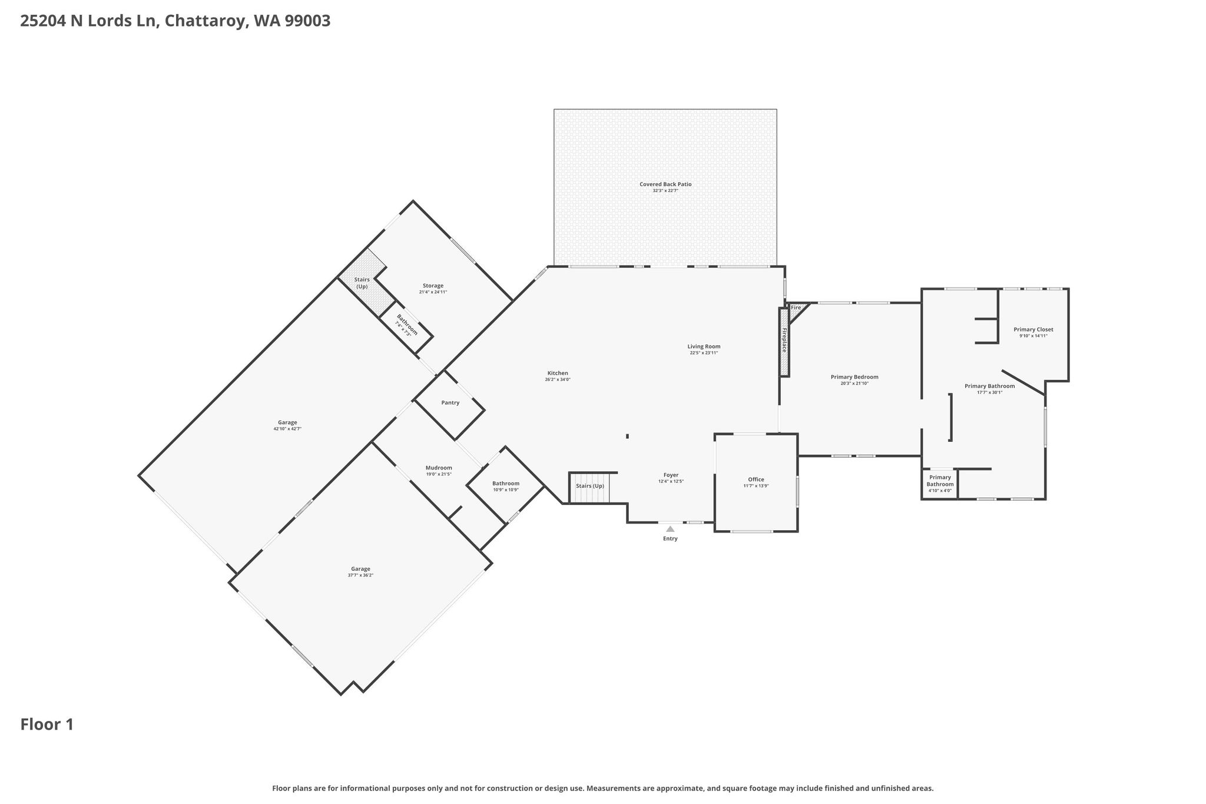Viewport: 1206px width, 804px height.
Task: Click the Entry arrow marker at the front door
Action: pyautogui.click(x=670, y=529)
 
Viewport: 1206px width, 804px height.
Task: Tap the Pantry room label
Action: pyautogui.click(x=450, y=403)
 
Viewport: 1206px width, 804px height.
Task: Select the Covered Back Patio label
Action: pyautogui.click(x=665, y=184)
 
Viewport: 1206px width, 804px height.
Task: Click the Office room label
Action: pyautogui.click(x=756, y=479)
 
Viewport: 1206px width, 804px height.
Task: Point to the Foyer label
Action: pyautogui.click(x=671, y=475)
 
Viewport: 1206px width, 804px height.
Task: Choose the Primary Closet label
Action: pyautogui.click(x=1033, y=329)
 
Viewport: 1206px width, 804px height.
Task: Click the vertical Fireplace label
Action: pyautogui.click(x=784, y=340)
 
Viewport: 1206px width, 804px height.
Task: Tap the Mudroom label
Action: pyautogui.click(x=439, y=468)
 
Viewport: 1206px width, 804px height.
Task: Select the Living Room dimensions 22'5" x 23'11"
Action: pyautogui.click(x=704, y=353)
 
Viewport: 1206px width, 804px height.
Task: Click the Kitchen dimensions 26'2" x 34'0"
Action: pyautogui.click(x=558, y=380)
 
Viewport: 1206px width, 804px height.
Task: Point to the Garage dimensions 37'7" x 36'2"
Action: pyautogui.click(x=360, y=575)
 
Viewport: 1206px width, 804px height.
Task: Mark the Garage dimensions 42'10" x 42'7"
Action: pyautogui.click(x=287, y=429)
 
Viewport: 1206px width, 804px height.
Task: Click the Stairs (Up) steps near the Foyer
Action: pyautogui.click(x=589, y=488)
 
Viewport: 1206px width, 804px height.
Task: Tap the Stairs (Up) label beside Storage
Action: pyautogui.click(x=362, y=283)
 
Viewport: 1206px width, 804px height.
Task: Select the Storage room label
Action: pyautogui.click(x=433, y=286)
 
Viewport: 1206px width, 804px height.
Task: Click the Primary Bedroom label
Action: pyautogui.click(x=854, y=377)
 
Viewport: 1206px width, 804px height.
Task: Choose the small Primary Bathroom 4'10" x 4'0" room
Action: pyautogui.click(x=940, y=484)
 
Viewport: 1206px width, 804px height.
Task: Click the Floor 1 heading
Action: pyautogui.click(x=47, y=724)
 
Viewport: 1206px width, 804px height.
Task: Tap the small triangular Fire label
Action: pyautogui.click(x=796, y=308)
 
